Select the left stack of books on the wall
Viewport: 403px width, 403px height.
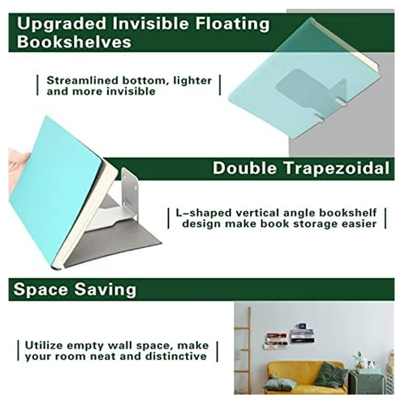pyautogui.click(x=276, y=340)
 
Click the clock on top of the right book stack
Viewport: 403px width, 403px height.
pyautogui.click(x=301, y=324)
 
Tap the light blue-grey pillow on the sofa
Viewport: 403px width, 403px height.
pyautogui.click(x=280, y=383)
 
